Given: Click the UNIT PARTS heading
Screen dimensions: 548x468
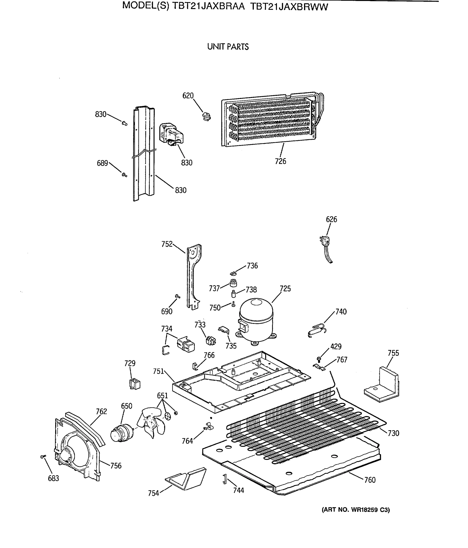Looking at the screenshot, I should [228, 47].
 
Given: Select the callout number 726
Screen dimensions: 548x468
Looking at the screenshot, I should [280, 161].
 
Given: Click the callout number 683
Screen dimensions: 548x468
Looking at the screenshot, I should [53, 478].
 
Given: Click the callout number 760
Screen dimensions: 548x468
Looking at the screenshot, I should [370, 479].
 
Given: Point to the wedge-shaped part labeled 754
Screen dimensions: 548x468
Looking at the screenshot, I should [186, 478].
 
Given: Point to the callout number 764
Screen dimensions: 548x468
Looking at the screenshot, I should [187, 441].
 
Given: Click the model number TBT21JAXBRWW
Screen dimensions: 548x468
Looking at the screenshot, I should [289, 6].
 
